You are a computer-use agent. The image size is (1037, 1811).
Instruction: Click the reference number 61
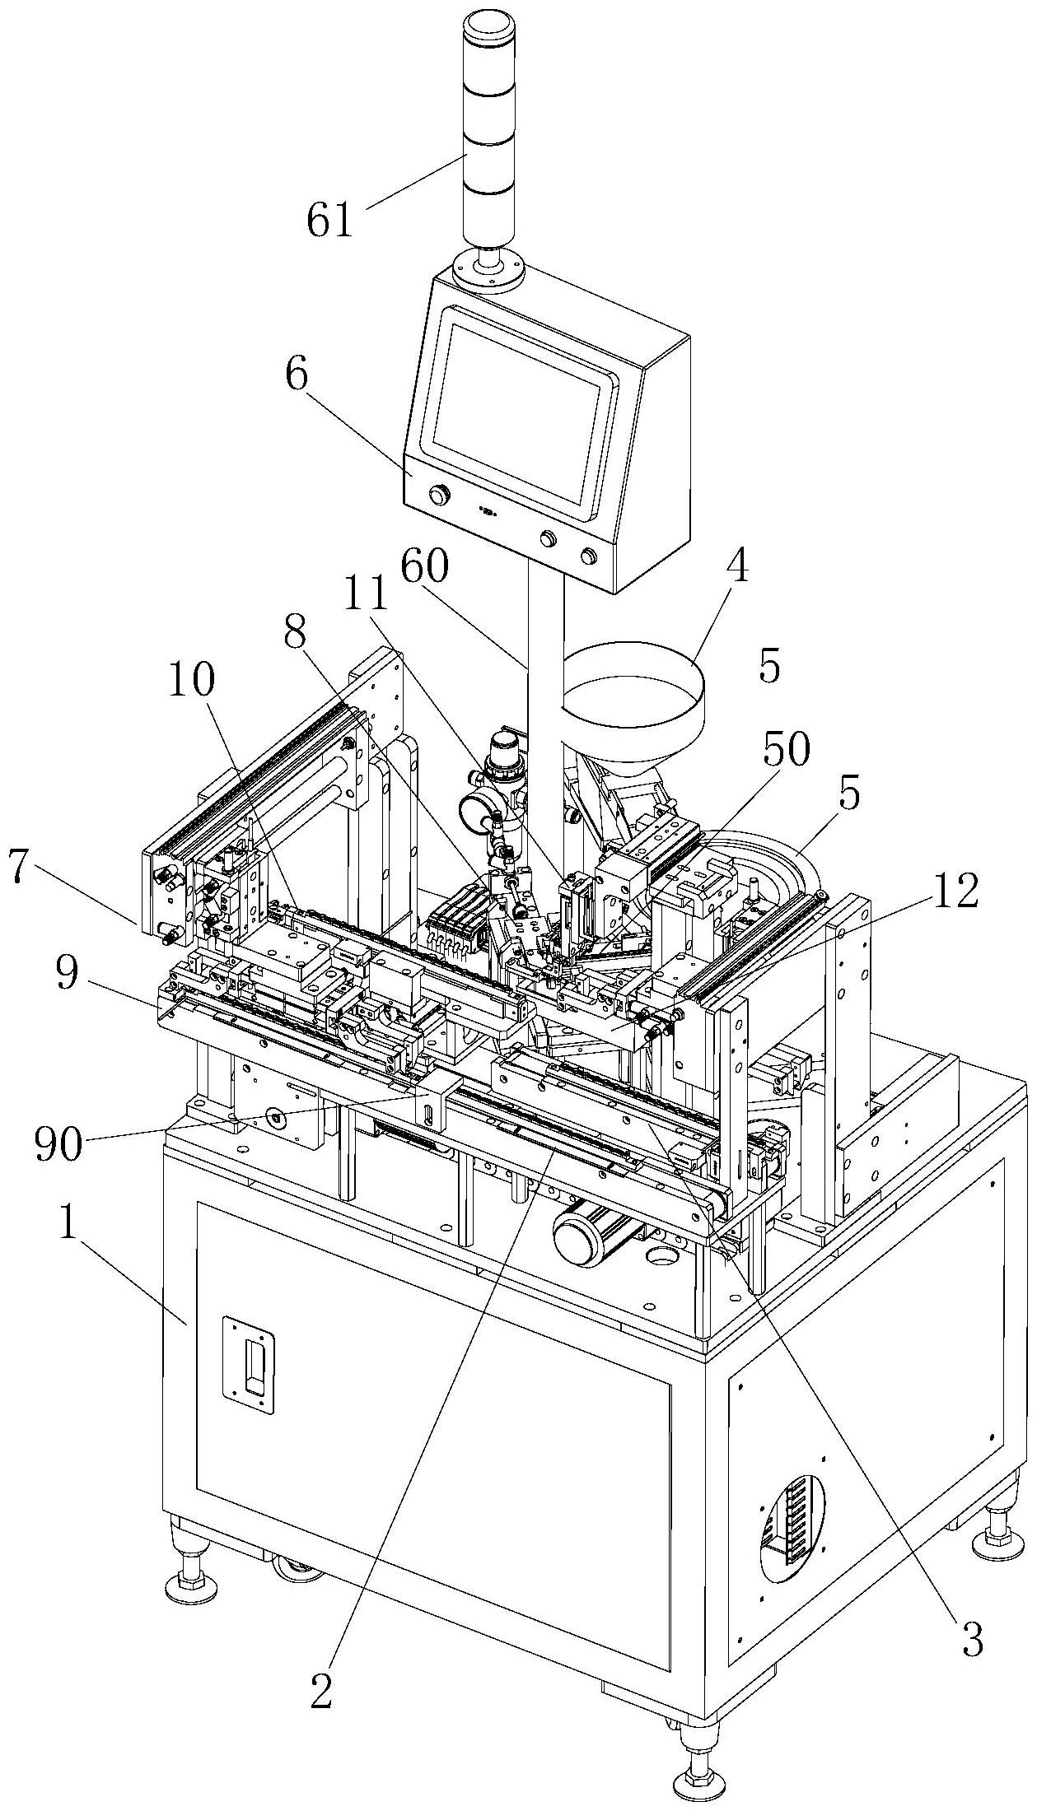(330, 221)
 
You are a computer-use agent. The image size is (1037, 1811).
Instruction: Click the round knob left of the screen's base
(441, 495)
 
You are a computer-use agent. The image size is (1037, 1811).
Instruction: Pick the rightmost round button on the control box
(589, 555)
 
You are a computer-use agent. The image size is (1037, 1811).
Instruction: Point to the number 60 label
(426, 567)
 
